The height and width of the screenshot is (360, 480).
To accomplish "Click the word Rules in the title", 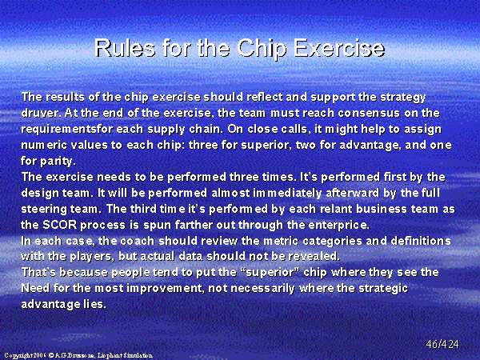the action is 125,48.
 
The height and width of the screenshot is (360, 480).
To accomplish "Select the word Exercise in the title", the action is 339,48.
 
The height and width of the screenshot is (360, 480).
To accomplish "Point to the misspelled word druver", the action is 42,113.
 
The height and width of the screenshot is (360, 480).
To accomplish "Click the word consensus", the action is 369,113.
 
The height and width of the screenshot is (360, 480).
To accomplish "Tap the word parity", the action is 58,161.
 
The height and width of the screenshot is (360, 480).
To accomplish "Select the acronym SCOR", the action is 59,225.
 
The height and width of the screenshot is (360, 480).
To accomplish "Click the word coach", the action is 138,241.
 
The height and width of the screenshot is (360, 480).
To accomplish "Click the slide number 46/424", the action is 442,344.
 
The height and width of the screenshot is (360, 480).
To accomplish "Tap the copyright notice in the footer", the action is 78,355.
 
